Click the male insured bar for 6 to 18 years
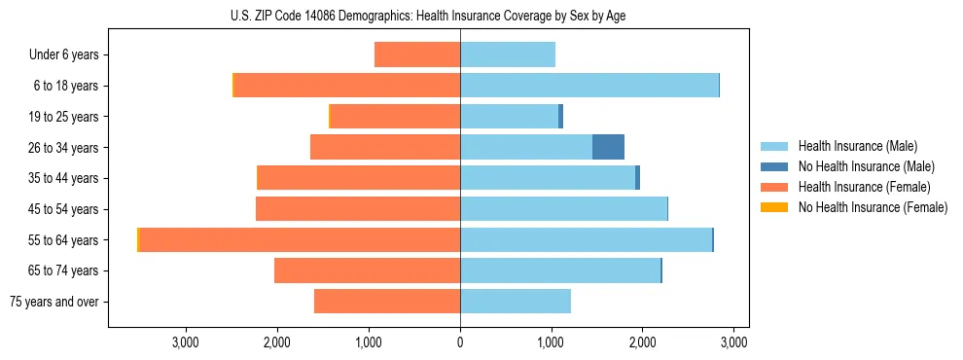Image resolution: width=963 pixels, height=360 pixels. [x=588, y=86]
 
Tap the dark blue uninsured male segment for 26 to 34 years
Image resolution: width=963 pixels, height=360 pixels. [x=608, y=147]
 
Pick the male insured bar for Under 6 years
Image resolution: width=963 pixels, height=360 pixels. [x=508, y=54]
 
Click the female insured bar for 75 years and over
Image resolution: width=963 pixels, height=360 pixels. [x=387, y=302]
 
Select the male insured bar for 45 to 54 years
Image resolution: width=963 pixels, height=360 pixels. [x=563, y=209]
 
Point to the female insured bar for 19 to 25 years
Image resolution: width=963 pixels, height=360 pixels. [x=396, y=117]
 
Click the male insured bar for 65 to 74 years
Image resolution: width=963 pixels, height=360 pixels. [x=560, y=270]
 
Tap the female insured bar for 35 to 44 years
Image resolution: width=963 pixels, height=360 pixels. [x=359, y=178]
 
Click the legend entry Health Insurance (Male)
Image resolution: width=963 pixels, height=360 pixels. [x=857, y=146]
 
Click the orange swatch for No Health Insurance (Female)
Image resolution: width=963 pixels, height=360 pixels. [x=774, y=207]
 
